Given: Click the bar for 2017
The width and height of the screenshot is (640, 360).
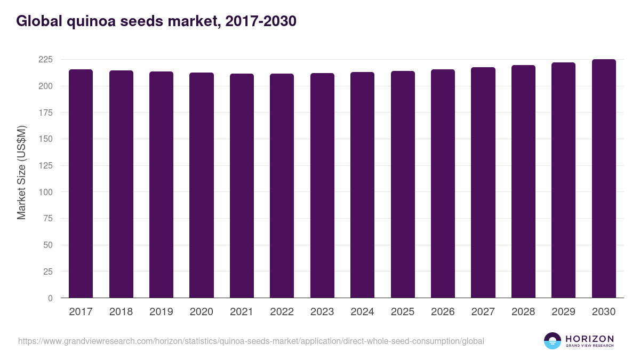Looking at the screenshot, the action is coord(81,183).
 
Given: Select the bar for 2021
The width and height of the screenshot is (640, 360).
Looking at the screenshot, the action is coord(242,186).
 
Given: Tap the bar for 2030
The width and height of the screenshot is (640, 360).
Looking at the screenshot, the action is coord(604,179).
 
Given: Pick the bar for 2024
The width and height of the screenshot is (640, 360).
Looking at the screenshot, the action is coord(362,185).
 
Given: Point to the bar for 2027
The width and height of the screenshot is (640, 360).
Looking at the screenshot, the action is coord(483,182).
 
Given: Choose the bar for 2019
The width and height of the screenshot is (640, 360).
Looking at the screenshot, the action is coord(161,185).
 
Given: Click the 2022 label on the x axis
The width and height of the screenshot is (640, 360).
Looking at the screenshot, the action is coord(282,311).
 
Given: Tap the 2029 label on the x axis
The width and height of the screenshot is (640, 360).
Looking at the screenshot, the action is coord(563,311).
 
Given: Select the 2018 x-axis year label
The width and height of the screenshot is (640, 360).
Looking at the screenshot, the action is coord(121,311).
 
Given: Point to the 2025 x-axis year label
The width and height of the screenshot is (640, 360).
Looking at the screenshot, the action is coord(403,311).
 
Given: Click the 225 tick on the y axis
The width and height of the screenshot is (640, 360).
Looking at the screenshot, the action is coord(46,59).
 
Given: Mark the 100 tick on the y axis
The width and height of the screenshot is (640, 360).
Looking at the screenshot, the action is coord(46,192).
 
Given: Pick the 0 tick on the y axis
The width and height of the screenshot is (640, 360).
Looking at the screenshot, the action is coord(50,298).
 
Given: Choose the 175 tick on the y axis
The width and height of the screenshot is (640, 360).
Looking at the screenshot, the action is coord(46,113).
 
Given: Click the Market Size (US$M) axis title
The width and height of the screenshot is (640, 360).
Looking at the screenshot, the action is coord(21,173).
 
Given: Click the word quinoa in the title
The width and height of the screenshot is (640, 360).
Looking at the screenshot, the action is coord(91,21).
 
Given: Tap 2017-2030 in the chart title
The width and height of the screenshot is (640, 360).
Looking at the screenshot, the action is coord(261,21).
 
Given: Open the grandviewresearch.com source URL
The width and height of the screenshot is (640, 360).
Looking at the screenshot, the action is coord(251,341).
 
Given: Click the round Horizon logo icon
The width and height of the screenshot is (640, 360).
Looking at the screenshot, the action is coord(553,341).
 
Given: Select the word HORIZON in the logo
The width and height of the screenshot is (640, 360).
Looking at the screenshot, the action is coord(590,339).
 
